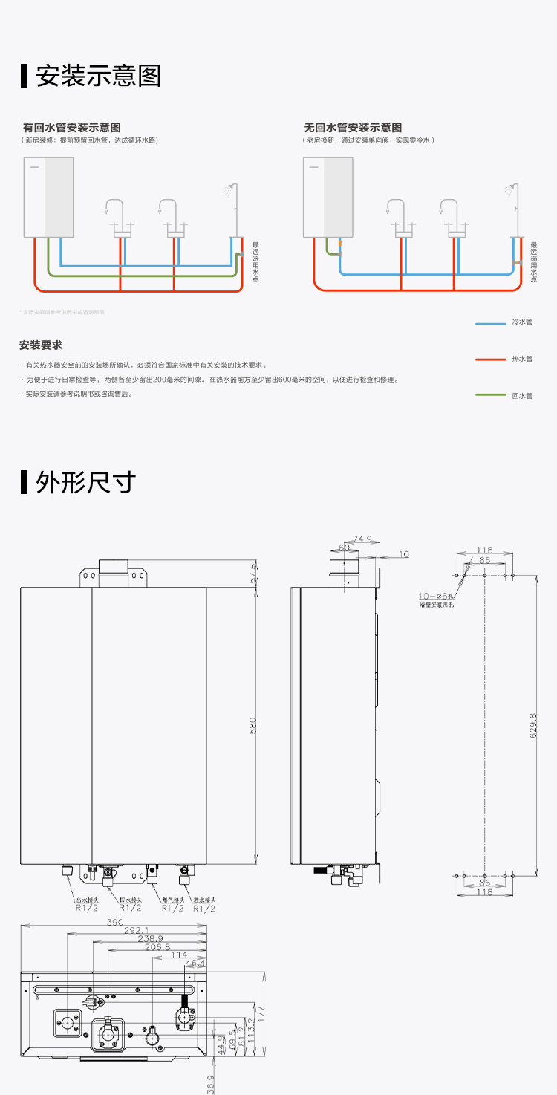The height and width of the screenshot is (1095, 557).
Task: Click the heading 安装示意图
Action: (x=98, y=76)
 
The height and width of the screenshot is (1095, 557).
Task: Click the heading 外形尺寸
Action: (x=85, y=482)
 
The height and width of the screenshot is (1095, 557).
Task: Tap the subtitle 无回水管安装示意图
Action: (x=353, y=128)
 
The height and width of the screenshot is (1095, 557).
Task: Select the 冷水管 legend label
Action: (x=522, y=322)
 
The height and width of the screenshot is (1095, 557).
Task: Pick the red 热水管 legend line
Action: (x=490, y=360)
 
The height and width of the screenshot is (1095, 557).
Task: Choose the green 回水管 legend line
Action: (x=490, y=396)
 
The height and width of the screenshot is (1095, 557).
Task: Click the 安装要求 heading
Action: (x=41, y=345)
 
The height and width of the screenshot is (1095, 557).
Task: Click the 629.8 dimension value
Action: (x=532, y=725)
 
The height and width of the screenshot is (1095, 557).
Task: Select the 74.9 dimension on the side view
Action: (x=362, y=539)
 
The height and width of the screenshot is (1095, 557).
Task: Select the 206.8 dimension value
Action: (x=157, y=947)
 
